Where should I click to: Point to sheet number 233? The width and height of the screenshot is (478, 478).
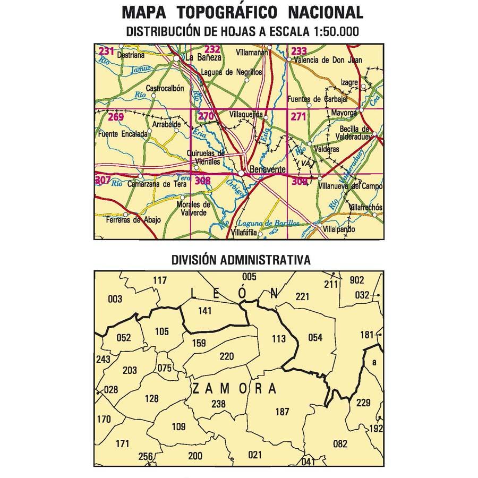299,51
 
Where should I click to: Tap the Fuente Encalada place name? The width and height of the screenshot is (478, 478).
123,134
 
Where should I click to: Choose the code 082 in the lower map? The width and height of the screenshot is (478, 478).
339,443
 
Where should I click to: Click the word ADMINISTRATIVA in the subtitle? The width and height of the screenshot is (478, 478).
264,260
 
